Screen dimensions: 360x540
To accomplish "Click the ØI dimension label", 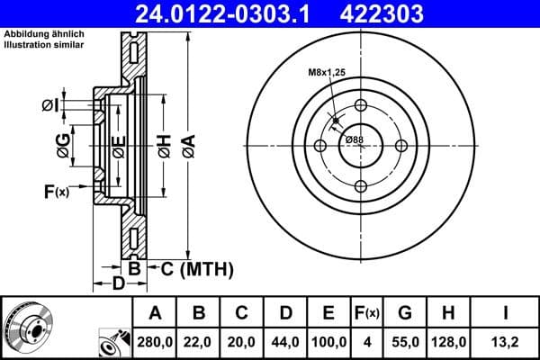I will [50, 105].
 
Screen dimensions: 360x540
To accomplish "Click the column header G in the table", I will [405, 313].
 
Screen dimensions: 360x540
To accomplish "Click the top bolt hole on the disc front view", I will [361, 105].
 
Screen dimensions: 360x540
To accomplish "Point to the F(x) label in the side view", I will [55, 191].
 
